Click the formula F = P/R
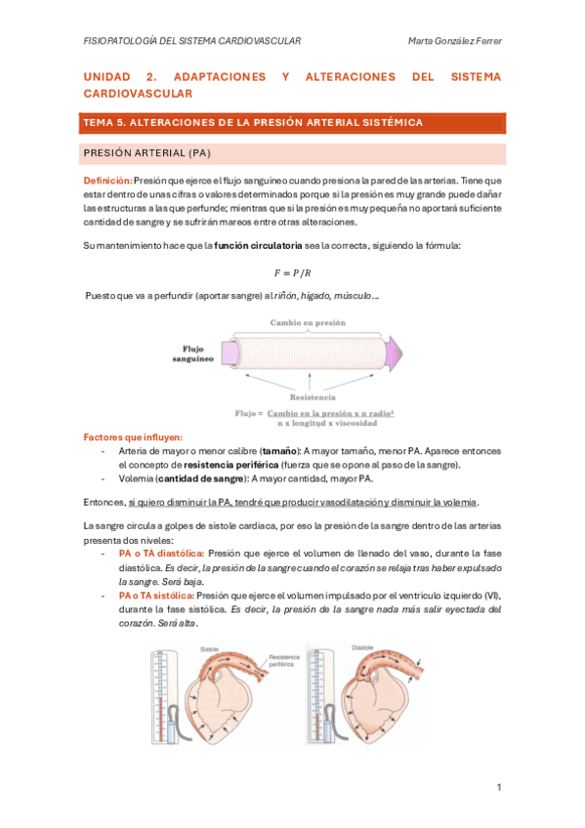[292, 271]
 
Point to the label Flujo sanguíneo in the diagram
[199, 352]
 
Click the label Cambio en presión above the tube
[309, 321]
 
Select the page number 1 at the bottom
[498, 787]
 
